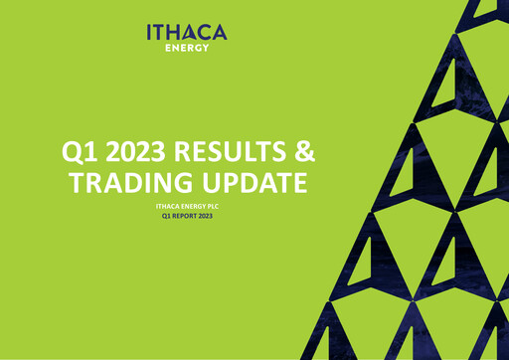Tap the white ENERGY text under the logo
point(187,47)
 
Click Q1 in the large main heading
point(82,152)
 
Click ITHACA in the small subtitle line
point(169,205)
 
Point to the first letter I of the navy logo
point(150,33)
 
